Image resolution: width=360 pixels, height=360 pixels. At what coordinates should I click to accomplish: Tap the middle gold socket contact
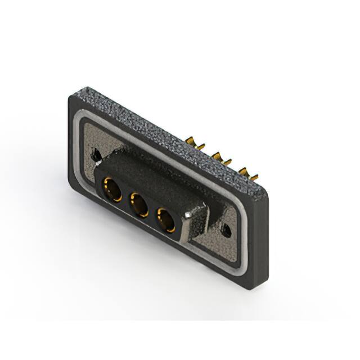[138, 205]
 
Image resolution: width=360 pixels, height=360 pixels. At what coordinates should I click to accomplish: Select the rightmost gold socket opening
[166, 219]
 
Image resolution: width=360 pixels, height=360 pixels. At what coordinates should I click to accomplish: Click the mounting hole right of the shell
[227, 229]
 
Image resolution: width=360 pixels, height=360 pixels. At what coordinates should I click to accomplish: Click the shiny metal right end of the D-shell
[198, 222]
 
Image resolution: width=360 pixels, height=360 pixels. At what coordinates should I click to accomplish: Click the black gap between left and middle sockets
[124, 198]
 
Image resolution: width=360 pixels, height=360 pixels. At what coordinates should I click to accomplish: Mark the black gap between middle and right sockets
[152, 213]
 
